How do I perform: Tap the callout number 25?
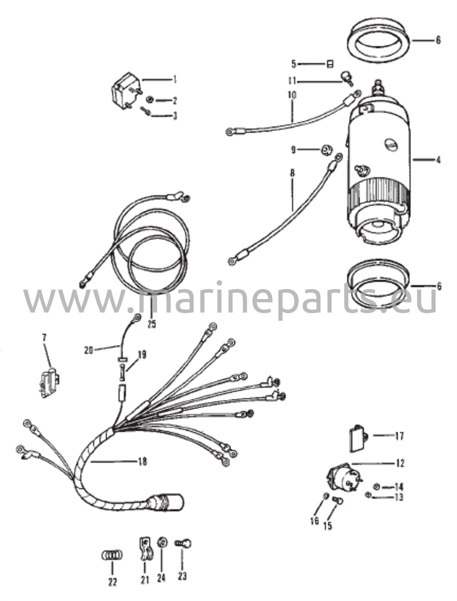(152, 324)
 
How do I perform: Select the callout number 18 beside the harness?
(142, 462)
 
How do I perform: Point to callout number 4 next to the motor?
(438, 160)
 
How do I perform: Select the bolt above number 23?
(184, 543)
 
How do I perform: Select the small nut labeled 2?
(149, 100)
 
